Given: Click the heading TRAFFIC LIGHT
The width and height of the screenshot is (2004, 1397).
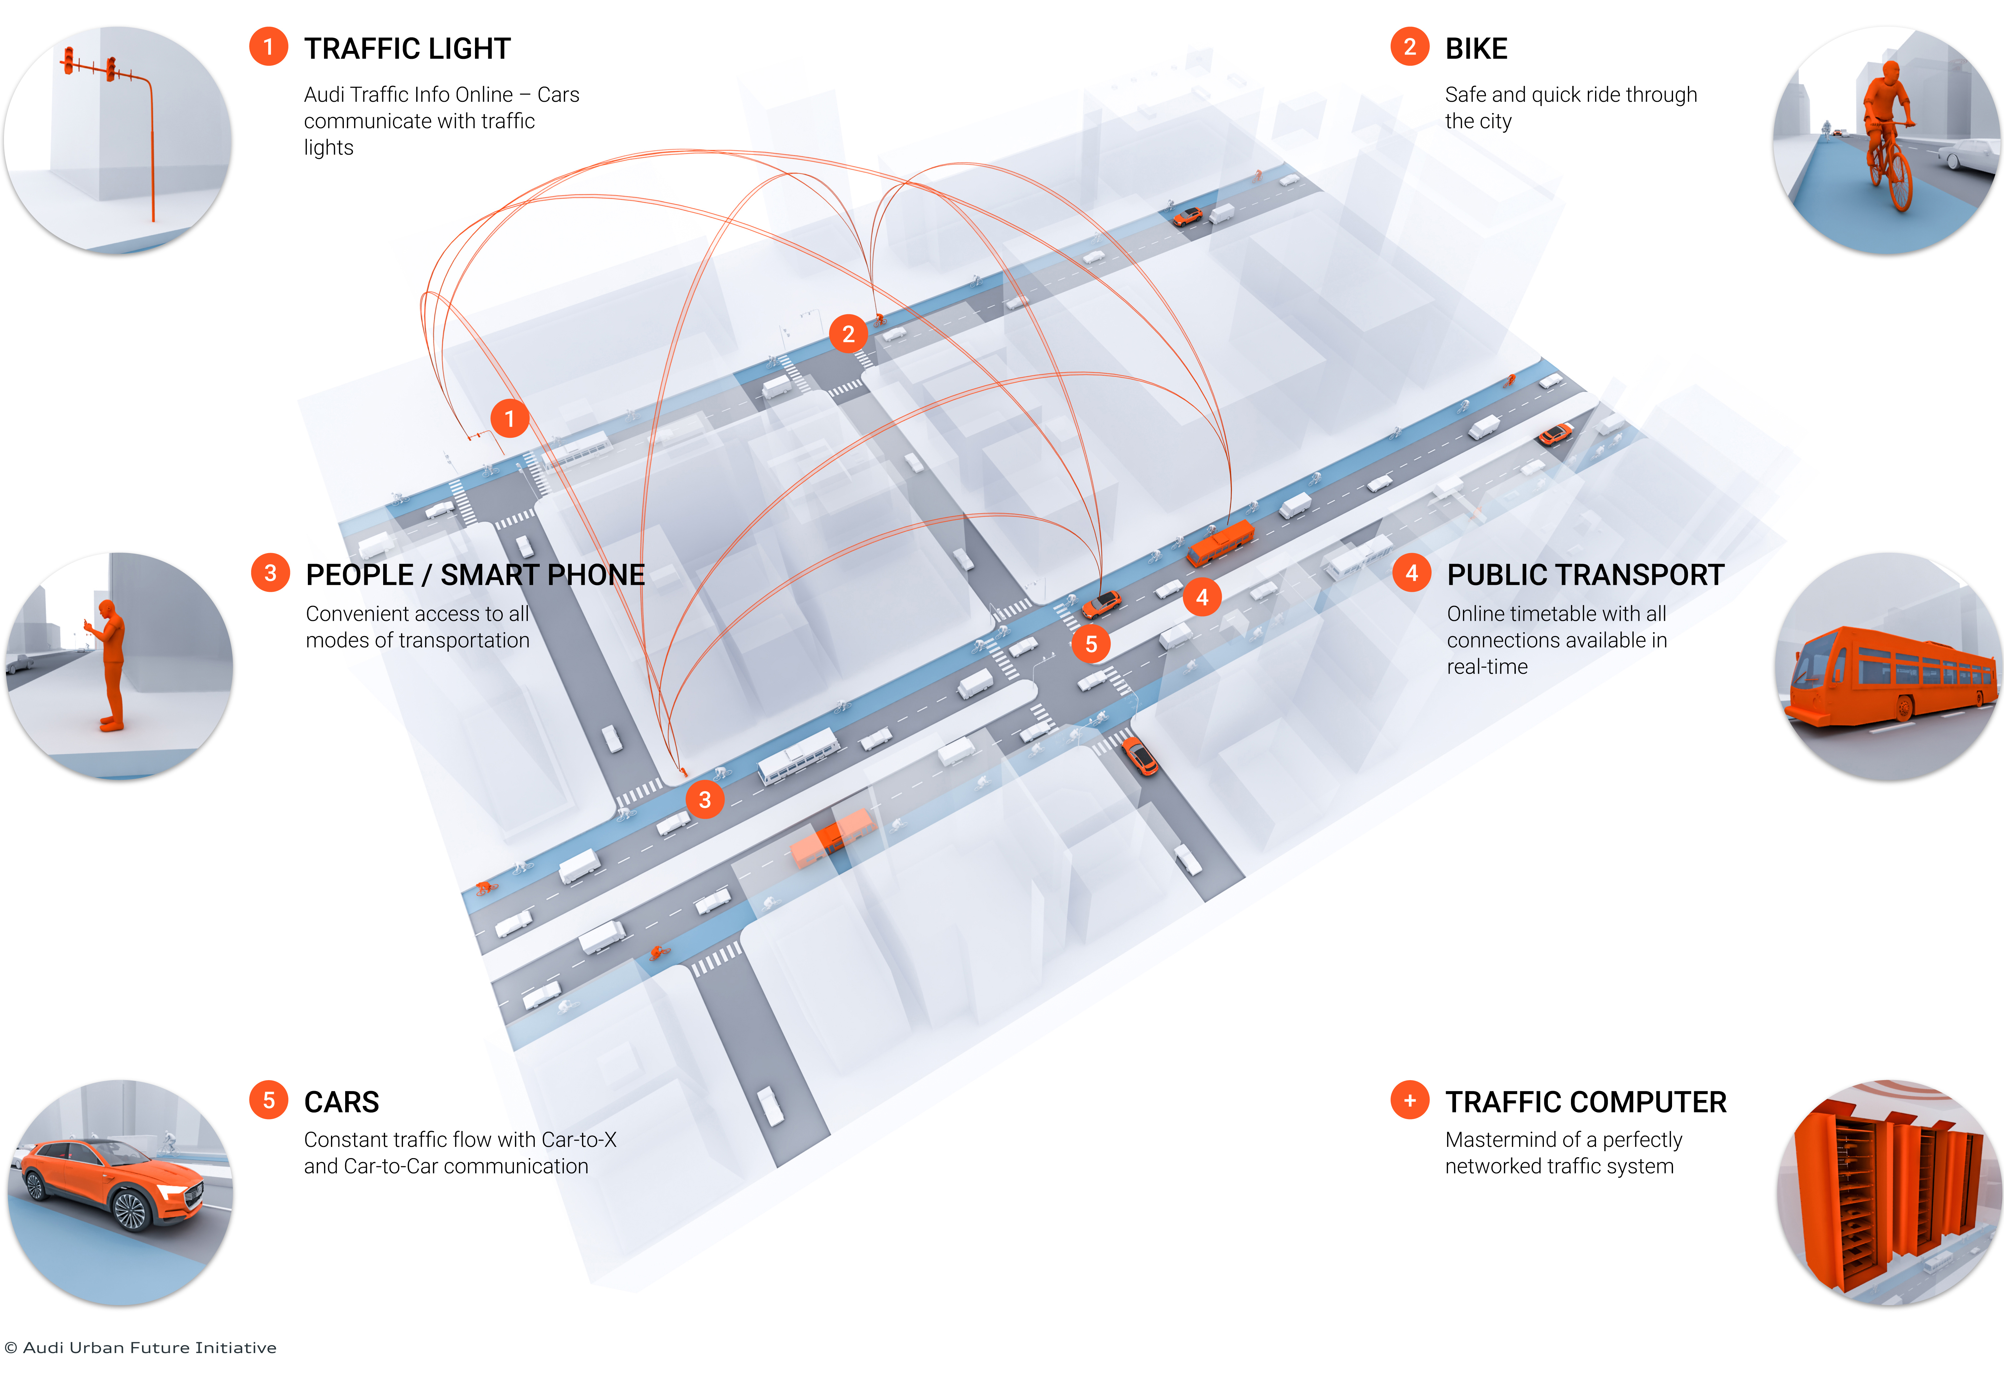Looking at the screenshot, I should click(x=407, y=49).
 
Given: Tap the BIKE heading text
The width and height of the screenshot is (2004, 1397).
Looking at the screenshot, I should click(x=1476, y=49).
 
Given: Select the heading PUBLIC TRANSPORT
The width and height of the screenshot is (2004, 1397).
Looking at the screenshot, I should click(x=1585, y=575).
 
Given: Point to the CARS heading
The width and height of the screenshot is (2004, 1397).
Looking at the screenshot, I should click(x=341, y=1103).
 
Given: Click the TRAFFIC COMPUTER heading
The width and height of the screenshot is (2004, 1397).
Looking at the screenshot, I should click(x=1585, y=1103).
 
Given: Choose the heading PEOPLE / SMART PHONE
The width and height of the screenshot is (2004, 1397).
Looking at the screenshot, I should click(x=475, y=575).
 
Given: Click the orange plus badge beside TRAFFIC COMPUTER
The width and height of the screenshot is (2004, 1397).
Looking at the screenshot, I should click(x=1410, y=1101).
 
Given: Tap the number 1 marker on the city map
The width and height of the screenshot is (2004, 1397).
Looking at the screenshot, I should click(x=510, y=419).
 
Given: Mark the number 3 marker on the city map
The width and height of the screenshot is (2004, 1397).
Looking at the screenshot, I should click(x=704, y=800).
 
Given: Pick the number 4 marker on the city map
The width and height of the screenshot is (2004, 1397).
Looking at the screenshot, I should click(x=1202, y=597).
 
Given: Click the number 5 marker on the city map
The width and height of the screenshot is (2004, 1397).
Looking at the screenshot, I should click(x=1091, y=644).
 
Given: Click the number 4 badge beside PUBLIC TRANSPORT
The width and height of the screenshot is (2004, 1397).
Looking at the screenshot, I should click(x=1411, y=574).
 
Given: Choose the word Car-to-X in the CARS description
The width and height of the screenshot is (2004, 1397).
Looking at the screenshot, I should click(x=579, y=1140).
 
